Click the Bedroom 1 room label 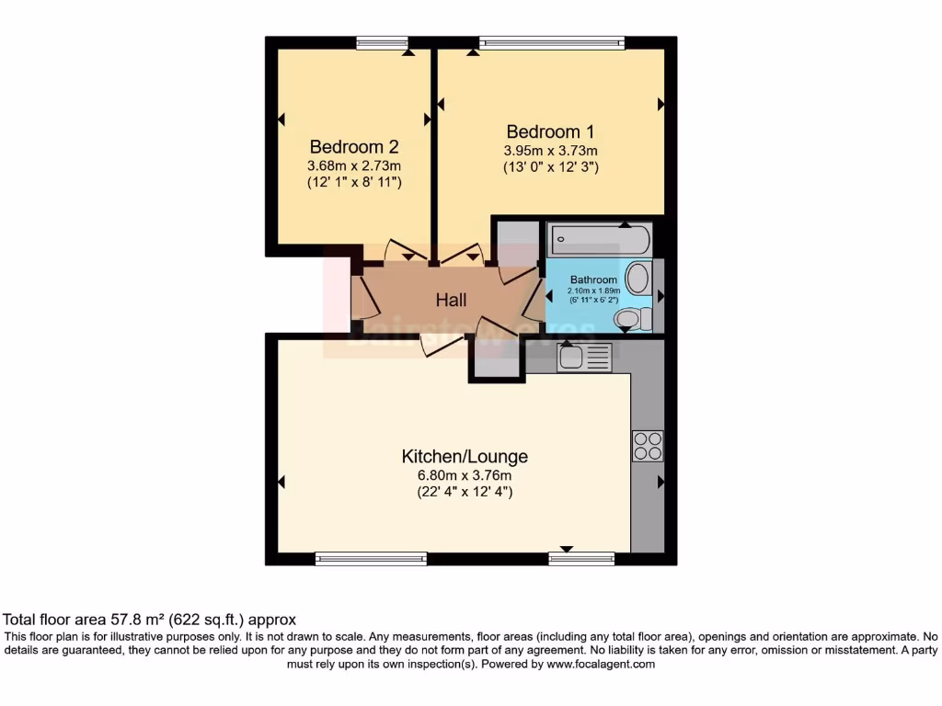pyautogui.click(x=544, y=131)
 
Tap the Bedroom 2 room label pyautogui.click(x=354, y=146)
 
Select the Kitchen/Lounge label pyautogui.click(x=465, y=456)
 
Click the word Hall pyautogui.click(x=451, y=300)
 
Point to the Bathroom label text pyautogui.click(x=593, y=279)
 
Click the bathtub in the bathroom pyautogui.click(x=600, y=241)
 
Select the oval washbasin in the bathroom pyautogui.click(x=638, y=279)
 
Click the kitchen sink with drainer pyautogui.click(x=584, y=356)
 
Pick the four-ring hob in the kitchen pyautogui.click(x=647, y=446)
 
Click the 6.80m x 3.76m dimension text pyautogui.click(x=465, y=475)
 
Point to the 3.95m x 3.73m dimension pyautogui.click(x=550, y=151)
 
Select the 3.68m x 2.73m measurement pyautogui.click(x=354, y=165)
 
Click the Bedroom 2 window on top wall pyautogui.click(x=382, y=41)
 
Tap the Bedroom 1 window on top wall pyautogui.click(x=552, y=41)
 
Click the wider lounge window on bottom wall pyautogui.click(x=371, y=558)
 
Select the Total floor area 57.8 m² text pyautogui.click(x=150, y=620)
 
